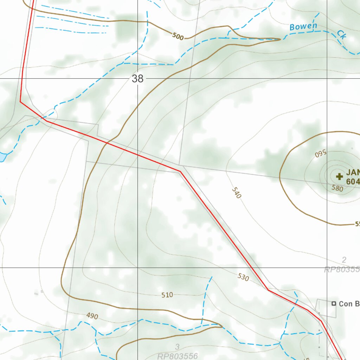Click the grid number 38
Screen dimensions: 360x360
(137, 79)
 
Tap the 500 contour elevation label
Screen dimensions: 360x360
(178, 36)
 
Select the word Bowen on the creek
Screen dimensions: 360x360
(303, 26)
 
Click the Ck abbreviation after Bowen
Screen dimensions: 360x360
(341, 34)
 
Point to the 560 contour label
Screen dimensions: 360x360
(321, 153)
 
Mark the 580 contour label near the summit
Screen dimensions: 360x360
(337, 188)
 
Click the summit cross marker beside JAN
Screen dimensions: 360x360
(339, 176)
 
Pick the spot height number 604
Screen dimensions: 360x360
(353, 182)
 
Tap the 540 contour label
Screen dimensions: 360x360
(236, 193)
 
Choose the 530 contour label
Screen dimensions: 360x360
(243, 277)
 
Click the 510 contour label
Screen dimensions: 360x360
(167, 295)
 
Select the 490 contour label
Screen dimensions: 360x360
(92, 316)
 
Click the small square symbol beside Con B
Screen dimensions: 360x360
(334, 303)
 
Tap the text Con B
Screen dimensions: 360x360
(349, 304)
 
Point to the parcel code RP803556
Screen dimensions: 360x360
(178, 356)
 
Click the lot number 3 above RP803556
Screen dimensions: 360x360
(178, 348)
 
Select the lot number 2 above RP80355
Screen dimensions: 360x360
(344, 260)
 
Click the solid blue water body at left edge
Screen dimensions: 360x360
(2, 157)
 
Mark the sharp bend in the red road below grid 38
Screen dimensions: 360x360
(180, 172)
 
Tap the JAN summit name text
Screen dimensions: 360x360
(353, 173)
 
